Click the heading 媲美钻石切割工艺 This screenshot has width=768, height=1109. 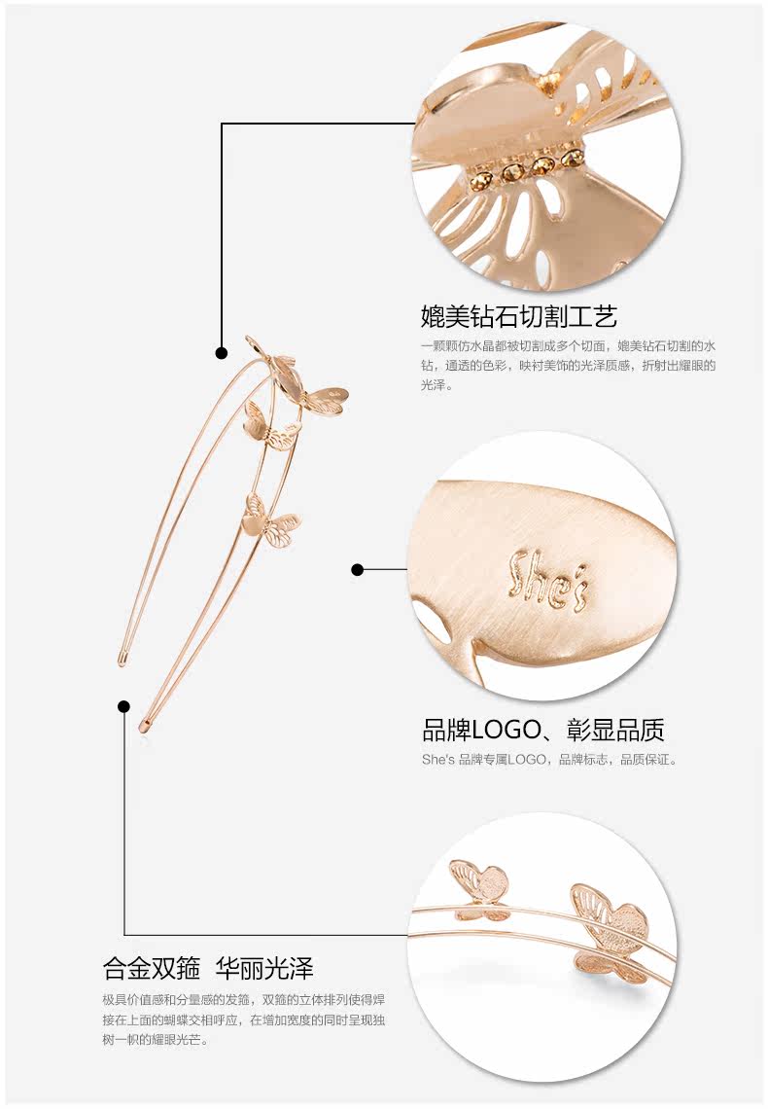tap(519, 316)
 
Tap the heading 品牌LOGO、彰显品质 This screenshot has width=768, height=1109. tap(543, 730)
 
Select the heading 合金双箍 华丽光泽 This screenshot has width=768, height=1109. tap(208, 968)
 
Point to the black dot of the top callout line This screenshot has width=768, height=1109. tap(222, 353)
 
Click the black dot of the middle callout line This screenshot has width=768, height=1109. tap(357, 569)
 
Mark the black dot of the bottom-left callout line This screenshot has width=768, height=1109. tap(123, 706)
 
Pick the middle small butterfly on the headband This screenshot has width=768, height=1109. tap(266, 428)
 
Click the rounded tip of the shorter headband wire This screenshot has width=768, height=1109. tap(123, 660)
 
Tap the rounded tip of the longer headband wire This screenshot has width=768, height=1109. tap(146, 724)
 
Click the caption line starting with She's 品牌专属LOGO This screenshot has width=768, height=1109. tap(549, 759)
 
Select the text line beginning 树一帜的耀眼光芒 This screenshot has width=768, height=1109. tap(156, 1039)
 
